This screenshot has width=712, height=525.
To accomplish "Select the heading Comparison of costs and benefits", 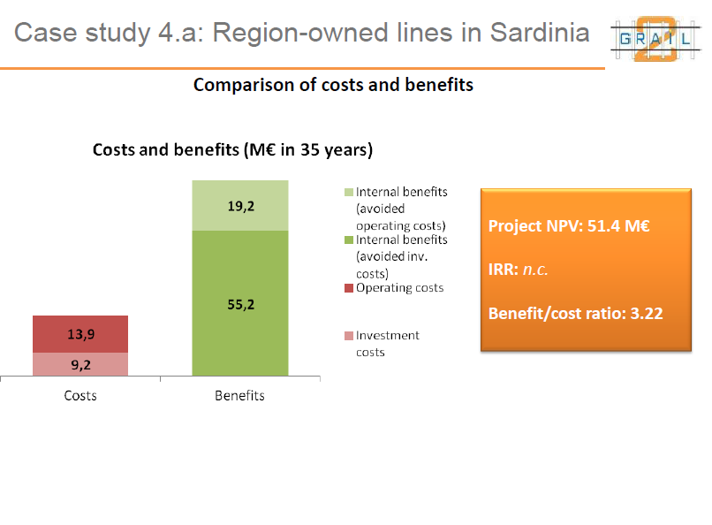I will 333,85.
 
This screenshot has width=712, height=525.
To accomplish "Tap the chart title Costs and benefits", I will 232,149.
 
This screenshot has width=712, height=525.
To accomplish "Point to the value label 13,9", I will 80,334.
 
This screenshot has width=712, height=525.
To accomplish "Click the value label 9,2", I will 80,364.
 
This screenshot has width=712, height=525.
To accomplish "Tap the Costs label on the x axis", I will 80,395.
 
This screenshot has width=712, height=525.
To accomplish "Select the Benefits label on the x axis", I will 239,395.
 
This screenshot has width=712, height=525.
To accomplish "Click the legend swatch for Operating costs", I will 349,288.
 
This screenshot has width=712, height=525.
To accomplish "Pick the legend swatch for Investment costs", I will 349,336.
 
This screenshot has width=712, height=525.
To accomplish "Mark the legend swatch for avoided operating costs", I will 349,192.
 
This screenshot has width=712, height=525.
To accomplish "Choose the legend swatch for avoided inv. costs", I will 349,240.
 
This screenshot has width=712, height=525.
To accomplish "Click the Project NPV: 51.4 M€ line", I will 569,226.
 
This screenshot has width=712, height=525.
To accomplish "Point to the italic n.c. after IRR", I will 535,269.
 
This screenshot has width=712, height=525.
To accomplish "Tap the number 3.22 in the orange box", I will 646,312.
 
